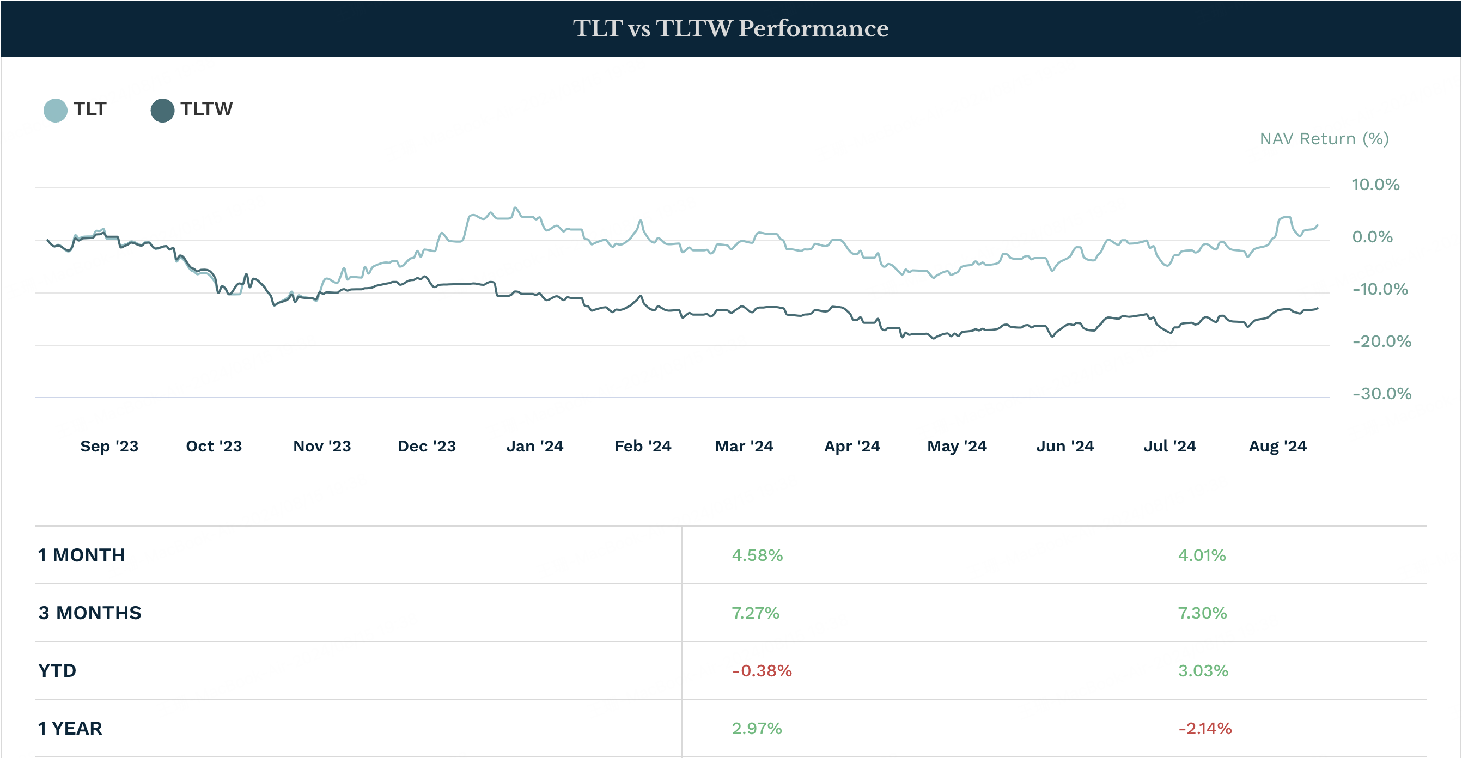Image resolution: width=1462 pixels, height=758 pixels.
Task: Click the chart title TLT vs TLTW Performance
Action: point(730,28)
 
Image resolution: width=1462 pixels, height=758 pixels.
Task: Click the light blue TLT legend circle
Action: point(55,110)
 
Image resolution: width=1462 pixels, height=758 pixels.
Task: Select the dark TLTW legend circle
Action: point(162,110)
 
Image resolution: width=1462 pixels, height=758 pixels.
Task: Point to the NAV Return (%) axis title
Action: point(1324,139)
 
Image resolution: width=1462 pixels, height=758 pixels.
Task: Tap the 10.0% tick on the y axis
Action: point(1375,185)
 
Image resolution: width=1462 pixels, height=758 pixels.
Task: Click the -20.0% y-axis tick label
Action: point(1381,341)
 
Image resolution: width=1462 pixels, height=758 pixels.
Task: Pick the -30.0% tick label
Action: point(1381,393)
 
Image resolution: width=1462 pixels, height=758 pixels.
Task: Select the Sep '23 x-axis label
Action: point(109,446)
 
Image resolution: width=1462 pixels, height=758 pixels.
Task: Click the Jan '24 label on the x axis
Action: point(534,446)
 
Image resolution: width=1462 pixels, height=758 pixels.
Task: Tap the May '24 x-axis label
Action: point(957,446)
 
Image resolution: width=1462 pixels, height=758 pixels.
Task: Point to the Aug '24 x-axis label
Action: point(1277,446)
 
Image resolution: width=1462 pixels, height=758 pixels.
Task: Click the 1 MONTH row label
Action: point(82,555)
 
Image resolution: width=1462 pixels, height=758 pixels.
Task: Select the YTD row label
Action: point(57,671)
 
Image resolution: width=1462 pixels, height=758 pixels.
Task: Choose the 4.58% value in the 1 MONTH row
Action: point(757,555)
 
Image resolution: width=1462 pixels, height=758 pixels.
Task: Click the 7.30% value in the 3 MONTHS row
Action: point(1202,613)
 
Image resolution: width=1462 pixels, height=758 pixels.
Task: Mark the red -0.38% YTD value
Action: point(762,671)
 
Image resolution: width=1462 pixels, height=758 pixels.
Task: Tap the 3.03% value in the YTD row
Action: point(1203,671)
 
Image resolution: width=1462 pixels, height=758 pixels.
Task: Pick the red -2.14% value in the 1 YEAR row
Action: point(1205,729)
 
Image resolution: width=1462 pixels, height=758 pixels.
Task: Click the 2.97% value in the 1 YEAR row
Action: point(757,729)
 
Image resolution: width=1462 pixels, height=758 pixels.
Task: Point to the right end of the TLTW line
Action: point(1317,309)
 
